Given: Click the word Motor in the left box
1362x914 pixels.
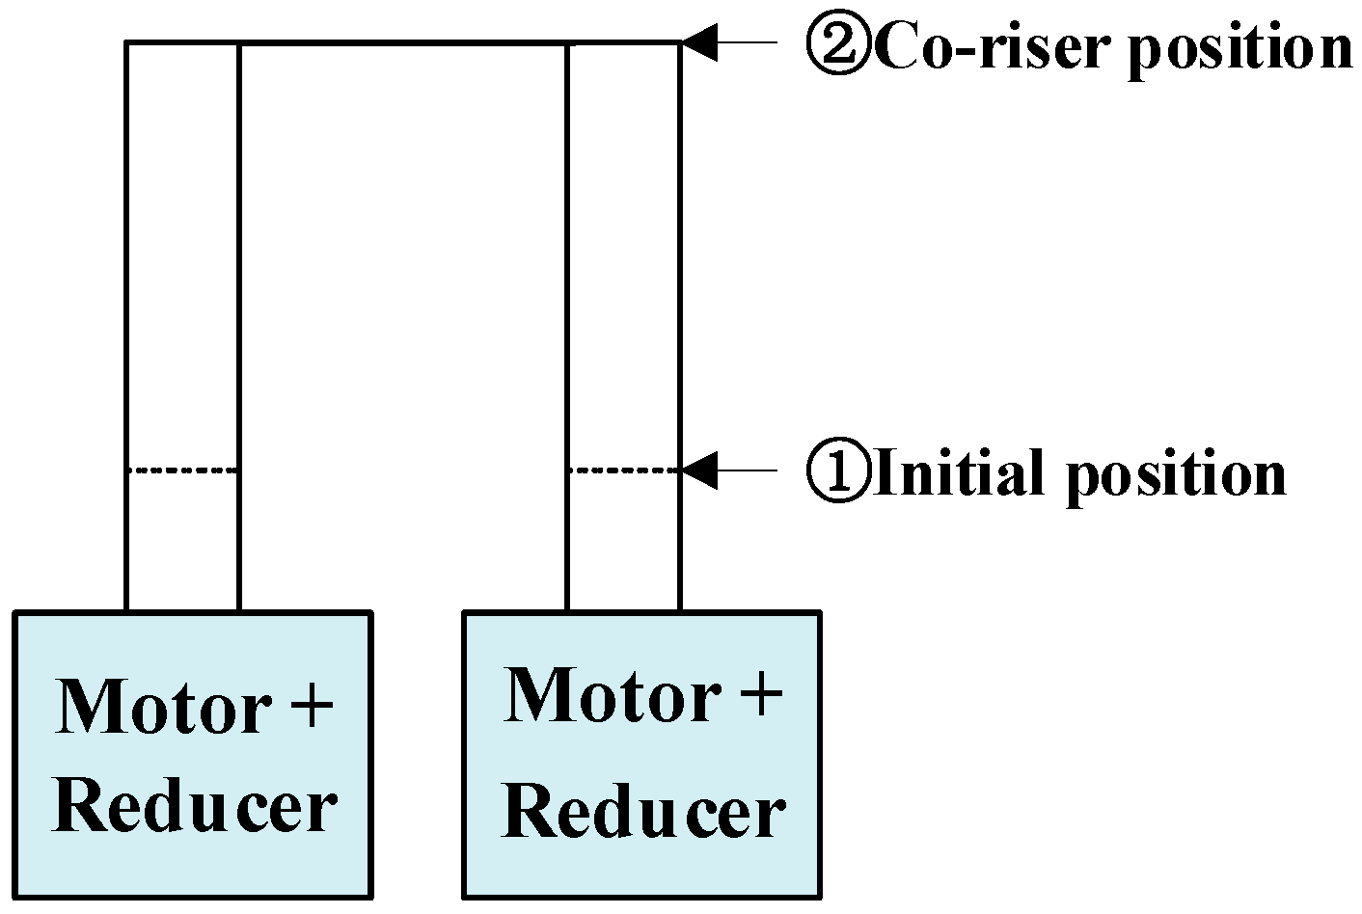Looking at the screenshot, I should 162,707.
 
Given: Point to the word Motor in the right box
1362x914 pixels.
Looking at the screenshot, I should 612,696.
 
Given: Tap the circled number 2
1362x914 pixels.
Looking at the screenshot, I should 838,45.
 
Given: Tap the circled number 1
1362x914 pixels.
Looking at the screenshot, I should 838,473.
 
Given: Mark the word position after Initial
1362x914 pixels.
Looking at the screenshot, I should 1176,476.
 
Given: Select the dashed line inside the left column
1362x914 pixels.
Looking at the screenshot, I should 182,470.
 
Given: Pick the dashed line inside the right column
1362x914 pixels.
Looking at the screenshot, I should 623,470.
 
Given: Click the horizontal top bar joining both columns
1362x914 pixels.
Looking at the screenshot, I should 402,42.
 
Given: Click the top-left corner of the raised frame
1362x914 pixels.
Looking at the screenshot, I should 126,42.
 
